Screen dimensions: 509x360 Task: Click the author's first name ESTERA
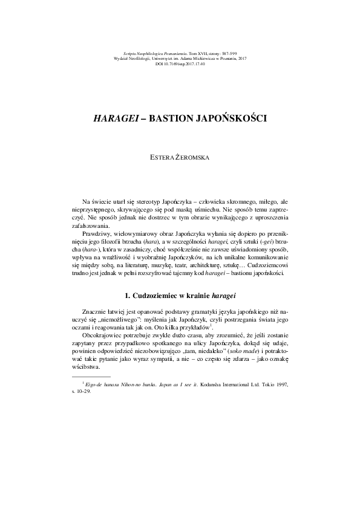163,157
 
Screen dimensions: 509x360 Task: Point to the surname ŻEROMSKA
193,157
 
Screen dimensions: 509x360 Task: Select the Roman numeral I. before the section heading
126,296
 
